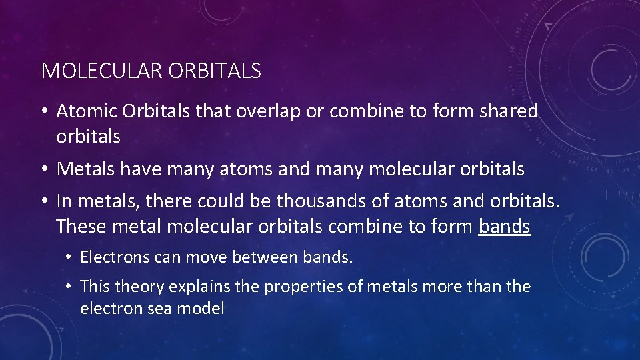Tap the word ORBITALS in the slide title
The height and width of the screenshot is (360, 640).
tap(215, 71)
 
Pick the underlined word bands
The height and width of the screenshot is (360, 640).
tap(504, 227)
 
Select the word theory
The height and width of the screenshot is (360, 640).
tap(139, 287)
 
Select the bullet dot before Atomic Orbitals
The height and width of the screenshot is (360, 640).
tap(45, 112)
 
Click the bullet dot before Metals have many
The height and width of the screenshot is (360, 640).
tap(45, 170)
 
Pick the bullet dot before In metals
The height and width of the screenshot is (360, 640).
tap(45, 201)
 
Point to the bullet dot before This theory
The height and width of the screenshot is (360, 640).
tap(70, 287)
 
